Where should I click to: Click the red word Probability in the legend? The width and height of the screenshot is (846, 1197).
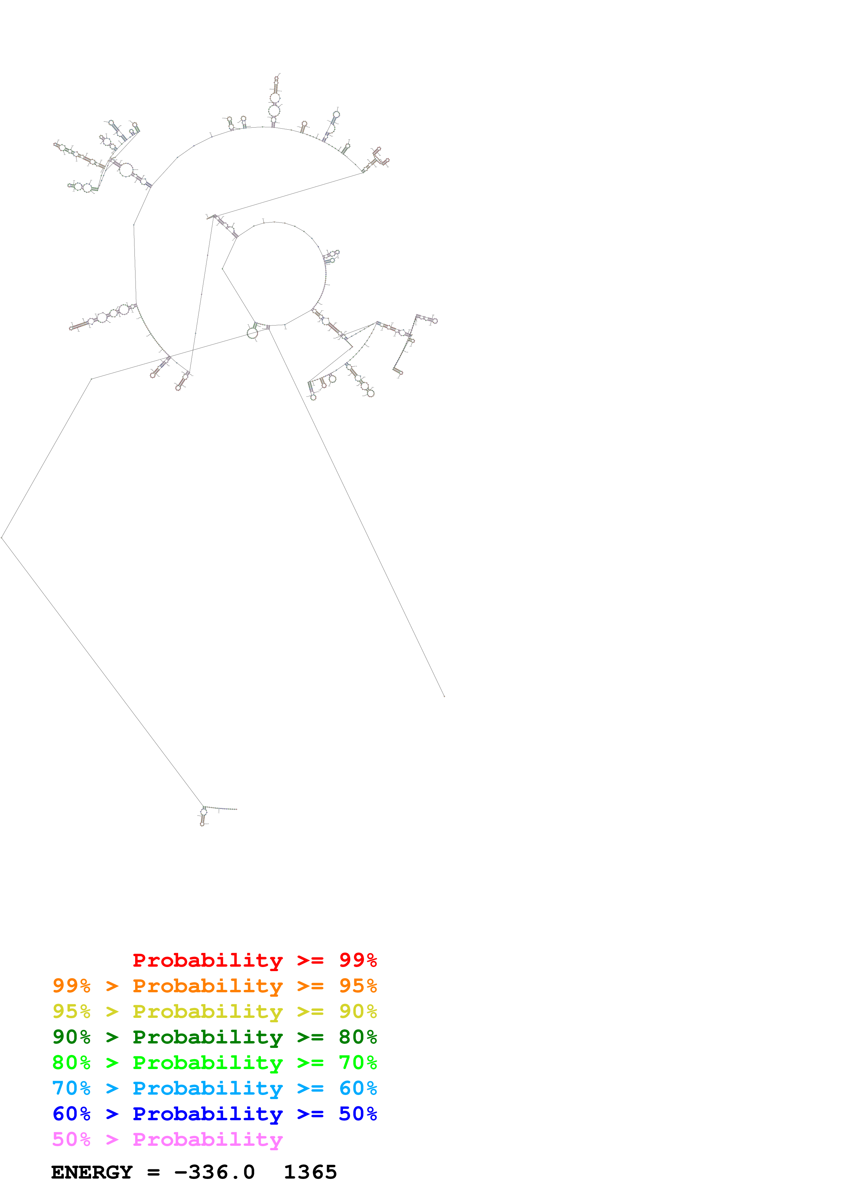[207, 960]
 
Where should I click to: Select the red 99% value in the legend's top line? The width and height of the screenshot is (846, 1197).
[358, 960]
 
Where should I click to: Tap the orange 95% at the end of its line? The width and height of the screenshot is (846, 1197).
[358, 986]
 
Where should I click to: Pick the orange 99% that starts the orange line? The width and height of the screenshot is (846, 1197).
[71, 986]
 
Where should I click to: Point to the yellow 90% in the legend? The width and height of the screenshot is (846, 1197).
[358, 1011]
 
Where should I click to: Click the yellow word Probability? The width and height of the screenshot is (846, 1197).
[207, 1011]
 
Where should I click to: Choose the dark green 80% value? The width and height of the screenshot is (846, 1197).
[358, 1037]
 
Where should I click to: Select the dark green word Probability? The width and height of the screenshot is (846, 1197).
[207, 1037]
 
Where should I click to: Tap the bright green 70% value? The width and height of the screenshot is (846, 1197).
[358, 1063]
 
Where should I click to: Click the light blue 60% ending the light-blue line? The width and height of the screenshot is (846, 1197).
[358, 1088]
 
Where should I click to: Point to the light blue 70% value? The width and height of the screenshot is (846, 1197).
[71, 1088]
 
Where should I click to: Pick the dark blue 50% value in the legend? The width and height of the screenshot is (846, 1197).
[358, 1114]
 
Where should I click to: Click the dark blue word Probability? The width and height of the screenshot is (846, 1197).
[207, 1114]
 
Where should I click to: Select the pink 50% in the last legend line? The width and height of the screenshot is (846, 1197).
[71, 1139]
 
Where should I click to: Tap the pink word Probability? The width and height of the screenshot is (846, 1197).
[207, 1139]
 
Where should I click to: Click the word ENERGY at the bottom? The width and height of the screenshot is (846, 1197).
[92, 1172]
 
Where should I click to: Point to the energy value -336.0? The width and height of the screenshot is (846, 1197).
[214, 1172]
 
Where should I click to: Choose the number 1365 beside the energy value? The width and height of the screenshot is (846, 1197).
[310, 1172]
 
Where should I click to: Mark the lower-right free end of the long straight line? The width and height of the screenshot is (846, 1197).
[444, 696]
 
